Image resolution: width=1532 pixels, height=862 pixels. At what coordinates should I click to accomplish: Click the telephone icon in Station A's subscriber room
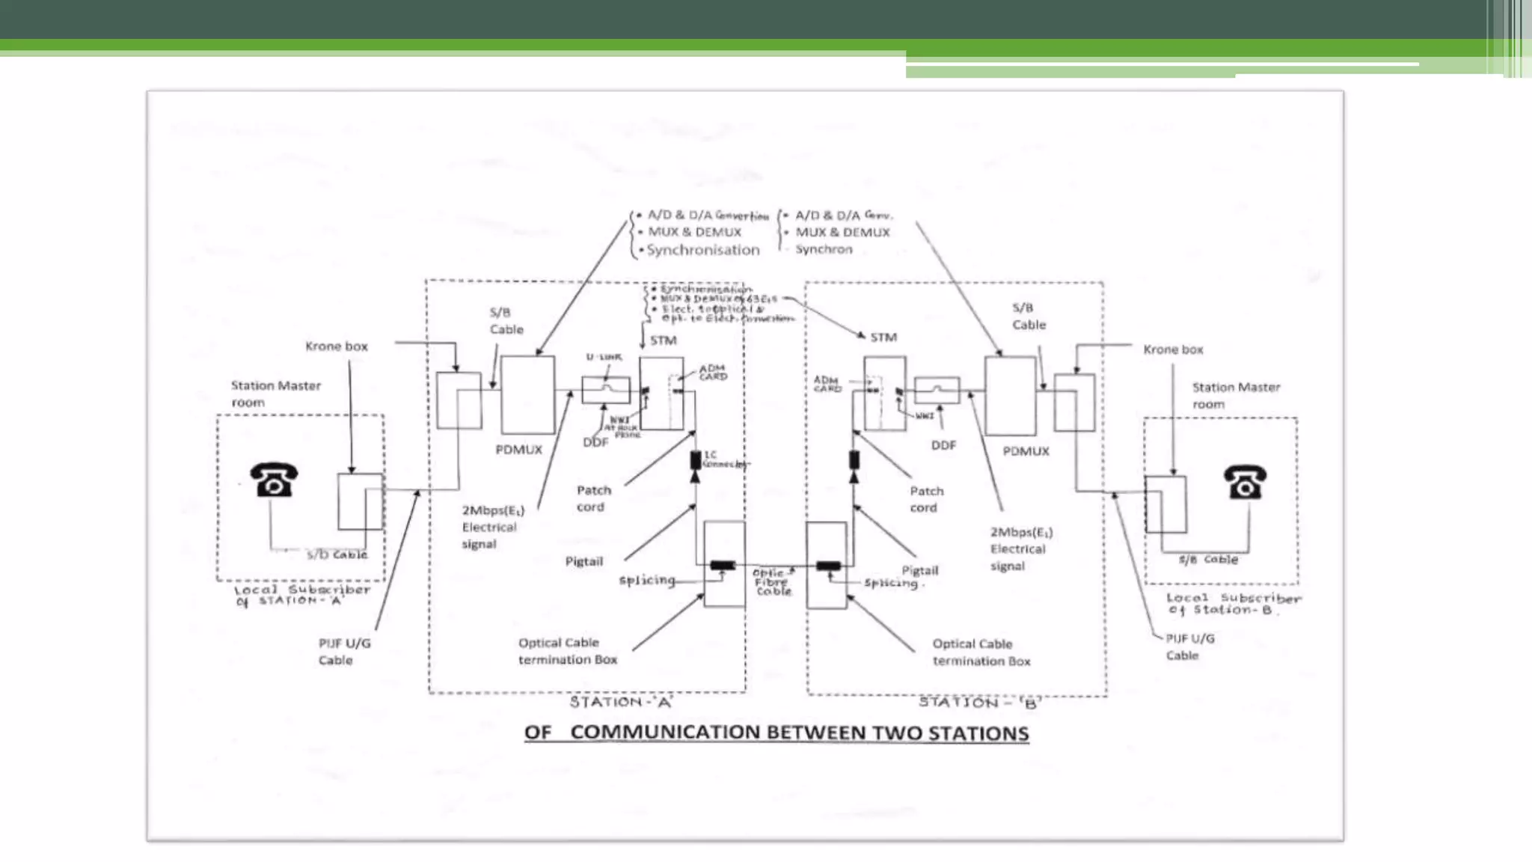pos(274,480)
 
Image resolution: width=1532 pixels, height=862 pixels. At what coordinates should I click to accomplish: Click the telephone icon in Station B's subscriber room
pos(1245,482)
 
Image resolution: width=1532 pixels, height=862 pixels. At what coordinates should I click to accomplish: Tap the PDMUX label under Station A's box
pos(518,450)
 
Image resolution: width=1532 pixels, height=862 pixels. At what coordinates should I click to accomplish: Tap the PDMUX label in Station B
pos(1026,451)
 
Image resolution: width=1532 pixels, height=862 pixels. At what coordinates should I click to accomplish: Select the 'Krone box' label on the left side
pos(337,346)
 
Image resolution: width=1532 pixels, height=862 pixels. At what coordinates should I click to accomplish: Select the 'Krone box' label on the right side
pos(1173,349)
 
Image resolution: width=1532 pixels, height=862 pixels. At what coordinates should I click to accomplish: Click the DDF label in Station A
pos(595,442)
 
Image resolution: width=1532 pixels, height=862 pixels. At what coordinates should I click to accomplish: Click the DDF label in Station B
pos(943,445)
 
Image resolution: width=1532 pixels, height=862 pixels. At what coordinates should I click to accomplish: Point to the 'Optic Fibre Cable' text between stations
pos(773,582)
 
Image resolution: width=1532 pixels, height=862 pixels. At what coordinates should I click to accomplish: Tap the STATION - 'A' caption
pos(621,702)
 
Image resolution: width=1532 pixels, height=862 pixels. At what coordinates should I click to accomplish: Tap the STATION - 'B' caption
pos(980,702)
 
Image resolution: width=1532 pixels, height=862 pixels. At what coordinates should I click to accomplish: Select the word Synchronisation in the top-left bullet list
pos(702,250)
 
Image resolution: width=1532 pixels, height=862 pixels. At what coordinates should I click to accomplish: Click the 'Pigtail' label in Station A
pos(583,561)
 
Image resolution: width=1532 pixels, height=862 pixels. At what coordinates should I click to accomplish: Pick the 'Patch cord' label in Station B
pos(926,499)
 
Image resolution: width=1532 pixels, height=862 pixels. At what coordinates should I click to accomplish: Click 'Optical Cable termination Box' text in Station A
pos(567,651)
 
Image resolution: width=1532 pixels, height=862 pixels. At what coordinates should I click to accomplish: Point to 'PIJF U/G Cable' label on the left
pos(343,651)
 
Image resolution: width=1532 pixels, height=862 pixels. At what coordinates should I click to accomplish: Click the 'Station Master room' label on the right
pos(1235,395)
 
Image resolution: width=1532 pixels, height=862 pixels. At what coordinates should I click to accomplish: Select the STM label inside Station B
pos(883,337)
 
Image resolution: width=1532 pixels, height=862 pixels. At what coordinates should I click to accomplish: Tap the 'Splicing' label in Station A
pos(646,580)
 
